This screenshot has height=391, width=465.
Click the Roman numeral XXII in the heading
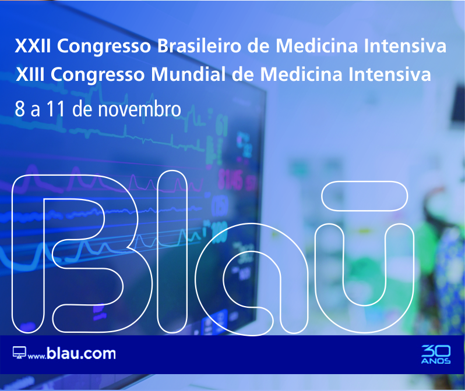[33, 46]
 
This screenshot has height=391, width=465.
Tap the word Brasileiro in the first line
[199, 46]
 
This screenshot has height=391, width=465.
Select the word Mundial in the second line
[188, 74]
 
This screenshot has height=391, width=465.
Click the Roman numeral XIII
[30, 74]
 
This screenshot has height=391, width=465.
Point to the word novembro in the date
[139, 109]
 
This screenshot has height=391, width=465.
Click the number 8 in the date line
[20, 109]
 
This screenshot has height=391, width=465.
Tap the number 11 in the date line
[56, 109]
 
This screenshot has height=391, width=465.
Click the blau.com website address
[81, 353]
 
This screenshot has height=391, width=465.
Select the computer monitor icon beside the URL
[19, 352]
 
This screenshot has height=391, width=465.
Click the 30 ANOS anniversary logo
[436, 354]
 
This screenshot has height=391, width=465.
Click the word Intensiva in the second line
[390, 74]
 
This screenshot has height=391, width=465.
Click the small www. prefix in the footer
[37, 356]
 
